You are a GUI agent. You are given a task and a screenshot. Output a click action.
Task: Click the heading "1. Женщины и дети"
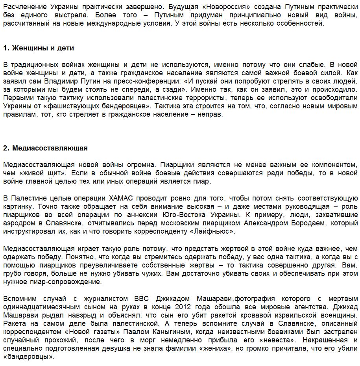tap(39, 48)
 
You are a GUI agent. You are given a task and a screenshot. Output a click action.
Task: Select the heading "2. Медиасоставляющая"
tap(45, 148)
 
